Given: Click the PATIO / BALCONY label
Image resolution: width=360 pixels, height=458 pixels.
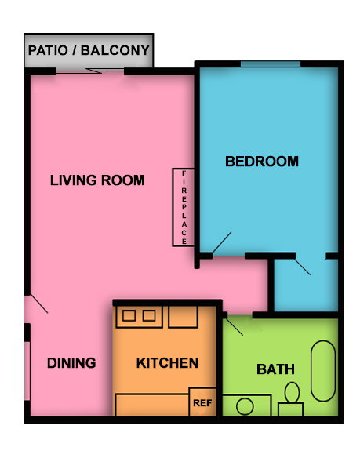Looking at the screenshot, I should click(x=89, y=51).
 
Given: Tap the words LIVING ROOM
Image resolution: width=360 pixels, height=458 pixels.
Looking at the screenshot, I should click(x=97, y=180).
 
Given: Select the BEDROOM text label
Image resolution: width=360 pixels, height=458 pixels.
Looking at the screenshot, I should click(x=262, y=162).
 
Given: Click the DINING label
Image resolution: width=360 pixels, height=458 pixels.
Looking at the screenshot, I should click(x=71, y=363).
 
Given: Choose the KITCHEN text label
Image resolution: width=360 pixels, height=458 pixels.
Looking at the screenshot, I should click(x=167, y=363).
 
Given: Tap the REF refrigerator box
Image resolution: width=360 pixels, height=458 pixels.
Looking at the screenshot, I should click(x=202, y=402).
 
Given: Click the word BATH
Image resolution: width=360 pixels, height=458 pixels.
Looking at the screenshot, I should click(x=276, y=369).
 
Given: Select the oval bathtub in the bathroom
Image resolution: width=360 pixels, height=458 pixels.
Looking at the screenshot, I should click(x=323, y=370).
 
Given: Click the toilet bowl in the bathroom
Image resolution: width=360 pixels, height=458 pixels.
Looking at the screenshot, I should click(x=293, y=392).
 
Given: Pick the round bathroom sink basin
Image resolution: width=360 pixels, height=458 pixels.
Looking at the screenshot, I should click(x=245, y=407).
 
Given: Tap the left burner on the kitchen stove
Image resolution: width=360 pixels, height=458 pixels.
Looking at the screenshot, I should click(x=129, y=316).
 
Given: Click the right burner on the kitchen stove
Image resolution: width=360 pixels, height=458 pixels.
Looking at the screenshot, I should click(x=148, y=316).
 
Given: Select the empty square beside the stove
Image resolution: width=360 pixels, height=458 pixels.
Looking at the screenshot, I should click(x=183, y=316).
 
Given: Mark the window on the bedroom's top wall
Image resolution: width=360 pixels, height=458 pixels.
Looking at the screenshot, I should click(x=271, y=64).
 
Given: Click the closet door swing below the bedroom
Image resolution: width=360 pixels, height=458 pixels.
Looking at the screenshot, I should click(x=303, y=265).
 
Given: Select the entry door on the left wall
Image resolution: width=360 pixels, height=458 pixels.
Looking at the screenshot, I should click(x=36, y=304).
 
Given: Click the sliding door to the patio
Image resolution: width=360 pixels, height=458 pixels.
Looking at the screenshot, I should click(x=90, y=71).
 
